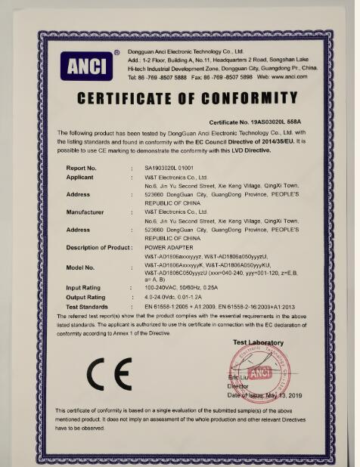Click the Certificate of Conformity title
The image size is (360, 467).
click(188, 99)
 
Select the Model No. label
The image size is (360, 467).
click(80, 268)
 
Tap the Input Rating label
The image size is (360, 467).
click(84, 288)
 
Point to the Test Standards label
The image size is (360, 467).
click(88, 306)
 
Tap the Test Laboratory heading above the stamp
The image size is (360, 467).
click(258, 342)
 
